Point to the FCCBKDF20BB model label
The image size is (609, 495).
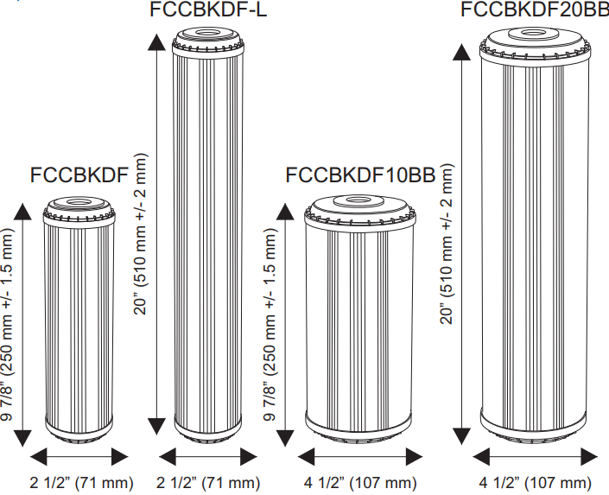pyautogui.click(x=534, y=10)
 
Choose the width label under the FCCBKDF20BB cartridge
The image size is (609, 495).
pyautogui.click(x=536, y=482)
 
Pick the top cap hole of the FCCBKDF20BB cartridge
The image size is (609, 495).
pyautogui.click(x=536, y=35)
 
